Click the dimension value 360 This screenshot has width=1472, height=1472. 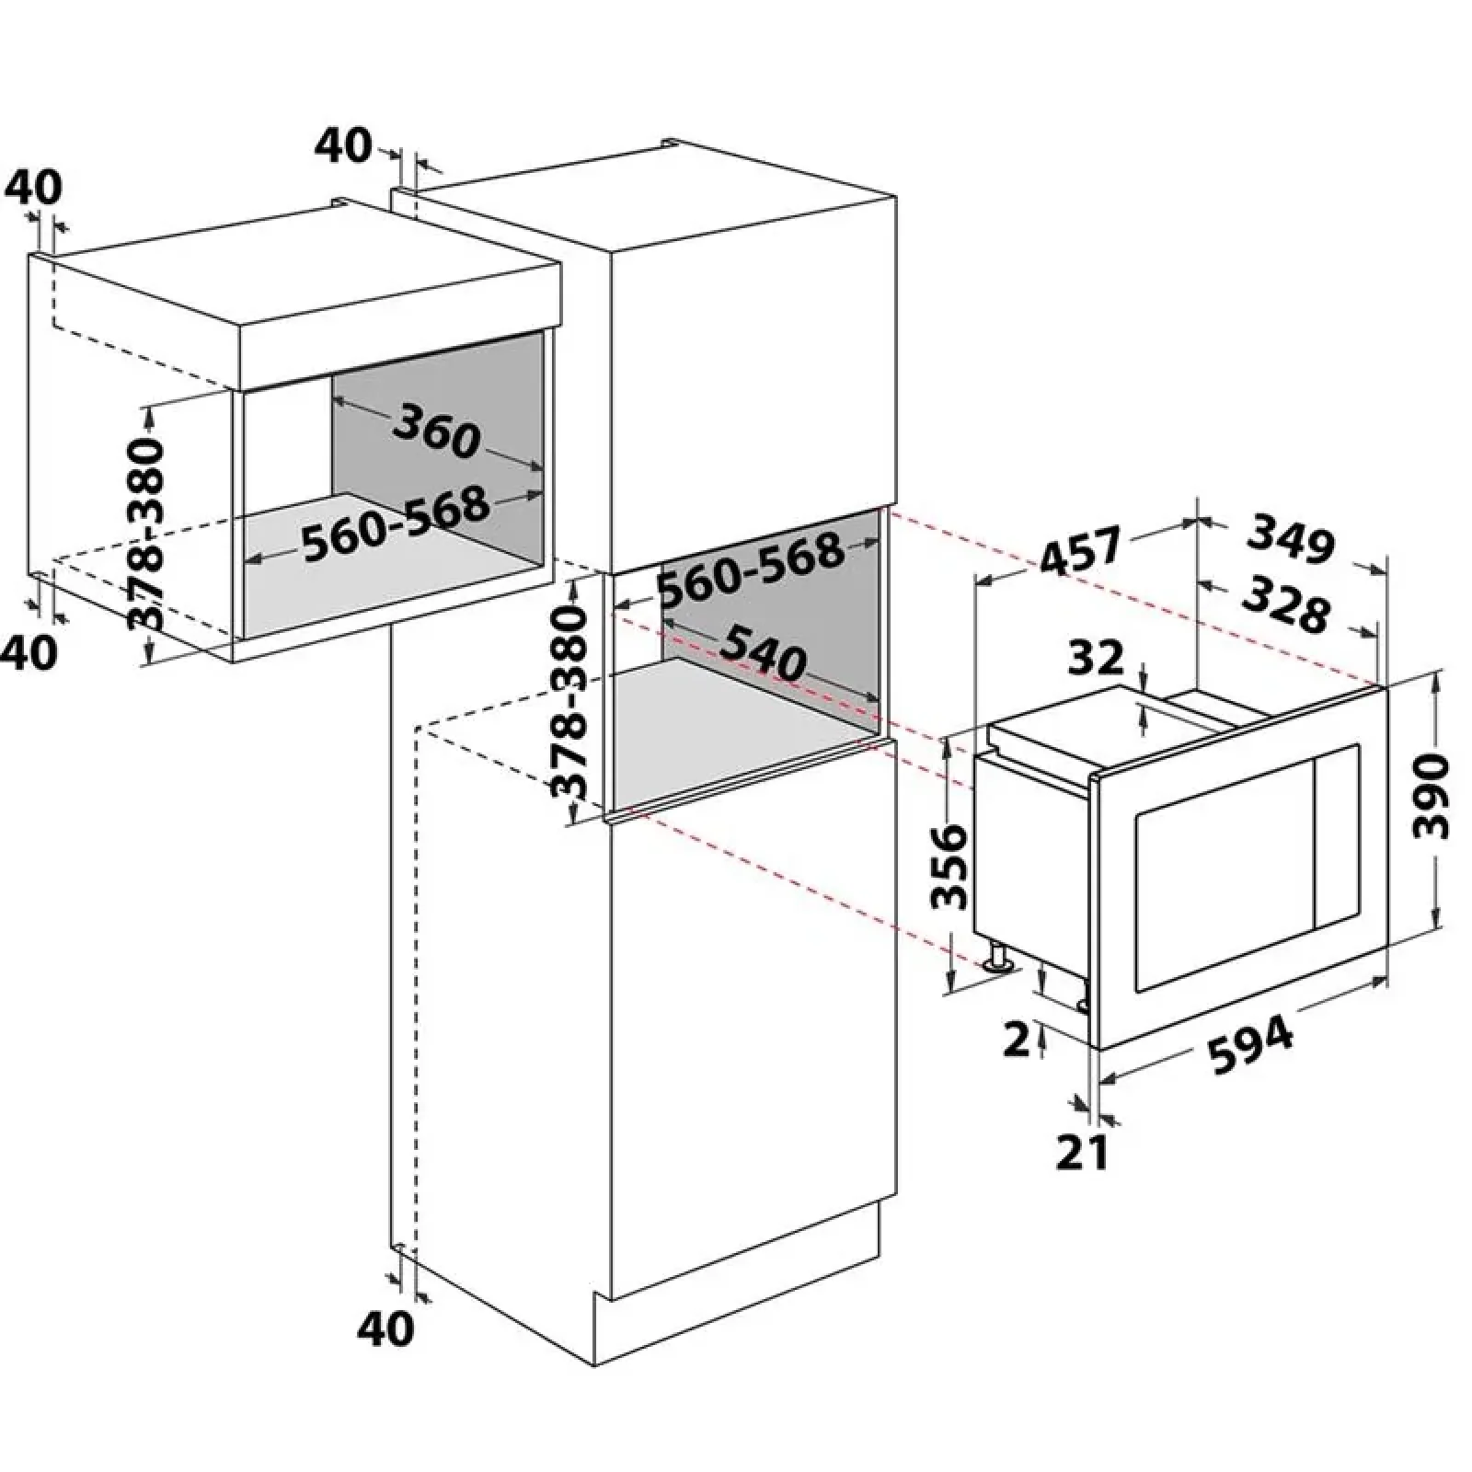[437, 431]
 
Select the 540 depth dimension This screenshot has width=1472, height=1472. [763, 650]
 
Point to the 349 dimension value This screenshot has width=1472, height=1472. [1290, 540]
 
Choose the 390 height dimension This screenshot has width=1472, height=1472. [1431, 797]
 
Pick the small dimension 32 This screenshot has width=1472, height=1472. [1098, 657]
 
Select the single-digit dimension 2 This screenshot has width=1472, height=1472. [1017, 1040]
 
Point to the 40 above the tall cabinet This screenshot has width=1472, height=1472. [343, 145]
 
